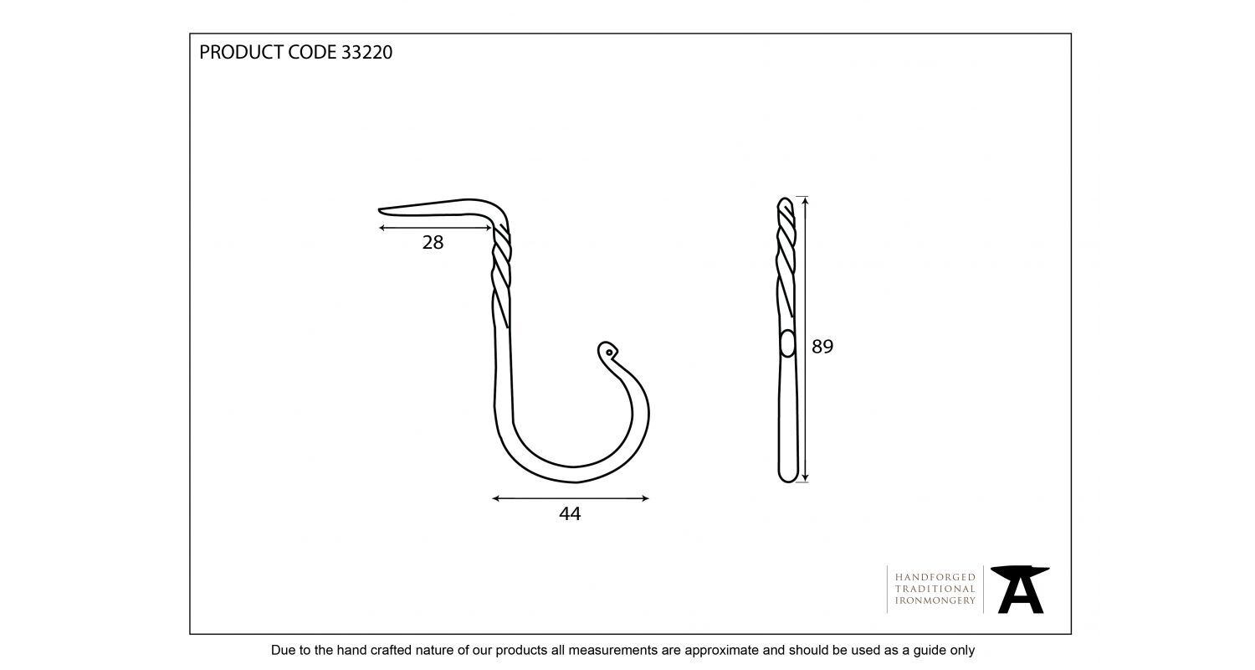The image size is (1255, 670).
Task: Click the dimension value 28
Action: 433,243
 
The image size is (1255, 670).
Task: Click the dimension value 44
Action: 570,513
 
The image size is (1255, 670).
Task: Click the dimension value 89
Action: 822,347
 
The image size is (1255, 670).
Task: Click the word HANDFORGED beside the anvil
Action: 935,577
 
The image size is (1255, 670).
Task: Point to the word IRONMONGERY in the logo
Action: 935,600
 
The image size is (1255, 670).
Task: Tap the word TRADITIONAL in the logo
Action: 935,589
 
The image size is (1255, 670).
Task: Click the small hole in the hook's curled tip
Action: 609,353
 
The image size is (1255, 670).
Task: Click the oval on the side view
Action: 786,343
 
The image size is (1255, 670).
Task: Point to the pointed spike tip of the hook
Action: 382,210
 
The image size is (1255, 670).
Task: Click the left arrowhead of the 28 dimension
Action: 382,228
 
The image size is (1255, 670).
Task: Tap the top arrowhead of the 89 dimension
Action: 805,200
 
